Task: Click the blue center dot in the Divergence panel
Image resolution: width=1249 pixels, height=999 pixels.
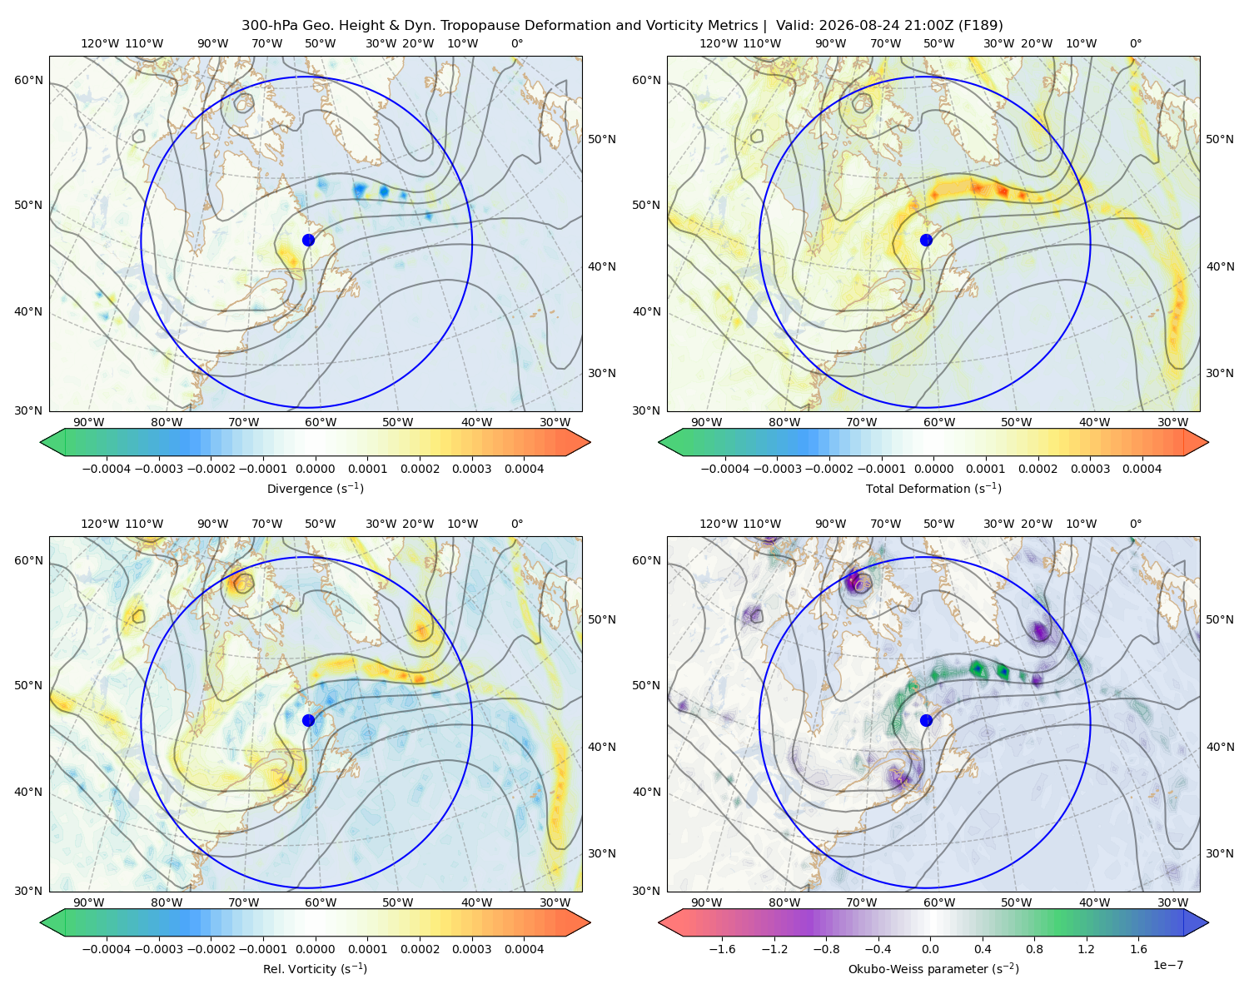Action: click(x=308, y=240)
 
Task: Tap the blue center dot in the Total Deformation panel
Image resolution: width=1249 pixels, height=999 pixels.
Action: click(x=926, y=240)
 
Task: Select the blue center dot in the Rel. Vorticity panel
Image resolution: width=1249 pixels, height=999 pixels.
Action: click(x=308, y=720)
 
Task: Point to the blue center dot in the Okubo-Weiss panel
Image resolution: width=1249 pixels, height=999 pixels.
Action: click(x=926, y=720)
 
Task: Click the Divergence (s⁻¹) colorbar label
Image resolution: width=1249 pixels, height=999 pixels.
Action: click(x=315, y=488)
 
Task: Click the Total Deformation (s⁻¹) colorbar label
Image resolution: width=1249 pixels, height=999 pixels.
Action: click(x=933, y=488)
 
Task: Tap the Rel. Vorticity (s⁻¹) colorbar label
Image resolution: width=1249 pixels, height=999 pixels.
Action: click(x=315, y=969)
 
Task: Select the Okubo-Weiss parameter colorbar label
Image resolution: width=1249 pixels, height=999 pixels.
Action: click(x=933, y=969)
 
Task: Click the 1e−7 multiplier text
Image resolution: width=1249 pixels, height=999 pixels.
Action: click(x=1167, y=965)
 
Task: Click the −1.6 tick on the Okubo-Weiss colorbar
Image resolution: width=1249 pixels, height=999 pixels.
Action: click(x=722, y=949)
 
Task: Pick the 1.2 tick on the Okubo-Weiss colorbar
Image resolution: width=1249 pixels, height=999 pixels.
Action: click(x=1086, y=949)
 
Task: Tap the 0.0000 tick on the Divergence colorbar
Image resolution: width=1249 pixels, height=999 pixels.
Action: click(x=315, y=469)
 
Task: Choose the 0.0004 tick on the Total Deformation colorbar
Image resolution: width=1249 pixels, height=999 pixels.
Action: click(x=1142, y=469)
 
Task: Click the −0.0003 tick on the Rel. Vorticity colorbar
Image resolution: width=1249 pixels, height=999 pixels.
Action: click(x=158, y=949)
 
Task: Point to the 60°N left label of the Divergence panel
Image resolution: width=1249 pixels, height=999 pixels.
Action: click(x=28, y=80)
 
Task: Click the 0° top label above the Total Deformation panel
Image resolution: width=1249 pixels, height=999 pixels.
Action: click(x=1135, y=43)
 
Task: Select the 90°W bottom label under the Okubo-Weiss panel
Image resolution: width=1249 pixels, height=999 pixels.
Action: click(x=706, y=902)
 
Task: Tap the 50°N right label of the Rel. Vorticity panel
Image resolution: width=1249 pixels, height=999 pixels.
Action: click(x=602, y=619)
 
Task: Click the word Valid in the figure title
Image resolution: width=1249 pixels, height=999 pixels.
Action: click(x=792, y=26)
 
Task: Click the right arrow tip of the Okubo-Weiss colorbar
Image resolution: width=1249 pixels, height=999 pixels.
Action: click(x=1208, y=922)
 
